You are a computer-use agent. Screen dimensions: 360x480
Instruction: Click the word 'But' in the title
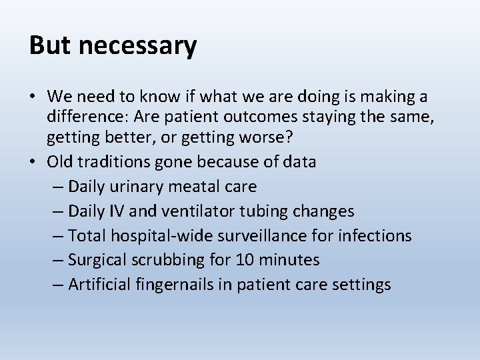click(x=50, y=45)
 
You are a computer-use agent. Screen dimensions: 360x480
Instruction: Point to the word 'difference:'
click(x=87, y=117)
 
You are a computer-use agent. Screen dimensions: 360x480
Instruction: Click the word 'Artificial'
click(x=101, y=284)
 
